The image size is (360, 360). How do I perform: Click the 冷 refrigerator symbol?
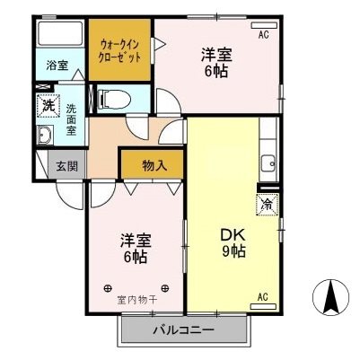click(267, 205)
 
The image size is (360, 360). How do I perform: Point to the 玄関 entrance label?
click(67, 166)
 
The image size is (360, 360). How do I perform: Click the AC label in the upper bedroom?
click(264, 35)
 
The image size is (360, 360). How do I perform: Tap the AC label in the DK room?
click(264, 296)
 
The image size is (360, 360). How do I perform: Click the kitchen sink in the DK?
click(267, 164)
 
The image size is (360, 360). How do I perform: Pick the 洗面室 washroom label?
click(71, 119)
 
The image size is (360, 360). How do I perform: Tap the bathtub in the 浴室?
click(61, 36)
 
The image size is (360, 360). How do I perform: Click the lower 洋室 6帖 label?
click(135, 249)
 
